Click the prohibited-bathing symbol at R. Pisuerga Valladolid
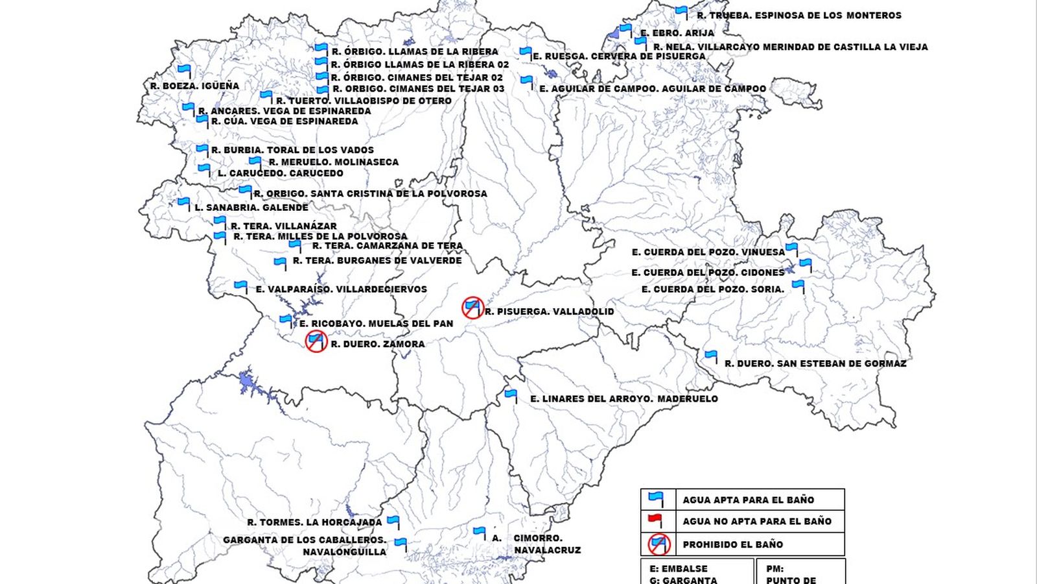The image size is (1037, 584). point(472,307)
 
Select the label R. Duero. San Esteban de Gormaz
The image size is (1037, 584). point(815,363)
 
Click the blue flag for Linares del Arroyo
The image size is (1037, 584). point(511,394)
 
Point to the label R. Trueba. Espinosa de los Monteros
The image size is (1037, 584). point(798,15)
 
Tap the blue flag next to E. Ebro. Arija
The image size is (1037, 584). point(625,29)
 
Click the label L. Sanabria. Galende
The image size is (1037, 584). point(251,208)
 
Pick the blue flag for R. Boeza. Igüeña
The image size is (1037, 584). point(185,69)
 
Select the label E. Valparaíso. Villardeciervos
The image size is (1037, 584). point(341,289)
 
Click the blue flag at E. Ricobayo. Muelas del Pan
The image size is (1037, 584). point(286,319)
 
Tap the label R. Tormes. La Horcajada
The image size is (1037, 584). point(314,522)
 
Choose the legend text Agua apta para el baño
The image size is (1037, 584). point(748,500)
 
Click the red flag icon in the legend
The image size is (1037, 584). point(656,520)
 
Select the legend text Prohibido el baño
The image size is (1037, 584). point(732,544)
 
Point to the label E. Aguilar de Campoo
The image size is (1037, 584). point(653,89)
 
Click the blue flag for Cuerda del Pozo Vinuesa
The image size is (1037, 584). point(791,248)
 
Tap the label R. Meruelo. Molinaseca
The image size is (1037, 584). point(334,162)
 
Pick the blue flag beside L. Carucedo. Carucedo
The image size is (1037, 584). point(204,169)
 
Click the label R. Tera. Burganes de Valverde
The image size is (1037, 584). point(377,261)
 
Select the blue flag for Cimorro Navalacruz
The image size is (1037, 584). point(480,532)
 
